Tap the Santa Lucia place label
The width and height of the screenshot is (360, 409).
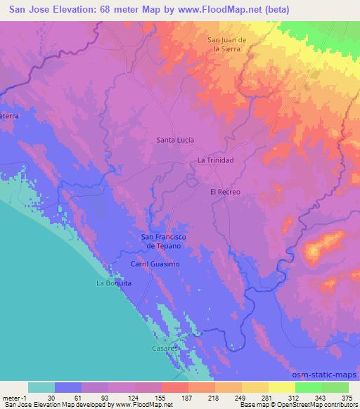175,140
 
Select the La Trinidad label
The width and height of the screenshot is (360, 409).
215,161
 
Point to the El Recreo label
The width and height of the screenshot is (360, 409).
225,192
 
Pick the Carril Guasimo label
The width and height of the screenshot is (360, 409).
155,264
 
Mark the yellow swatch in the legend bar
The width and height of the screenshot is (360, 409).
281,387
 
